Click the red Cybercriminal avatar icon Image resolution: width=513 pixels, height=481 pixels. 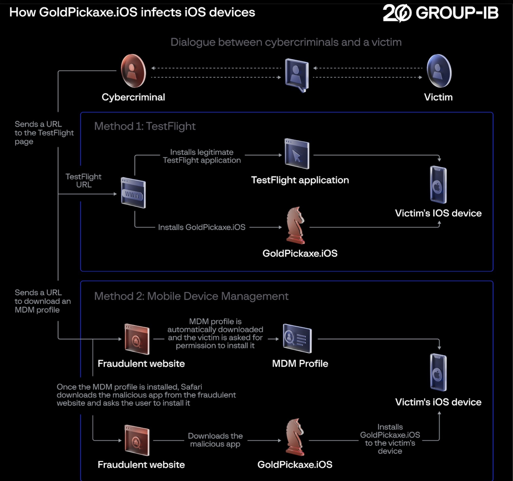(x=133, y=71)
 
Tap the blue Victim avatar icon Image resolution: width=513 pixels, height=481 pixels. (x=439, y=71)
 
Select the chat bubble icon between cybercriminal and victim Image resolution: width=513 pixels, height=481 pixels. (x=297, y=75)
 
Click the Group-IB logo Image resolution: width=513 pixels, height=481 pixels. (x=440, y=13)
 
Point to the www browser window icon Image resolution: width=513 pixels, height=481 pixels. (x=133, y=193)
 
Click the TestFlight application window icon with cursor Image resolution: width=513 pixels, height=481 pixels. (x=297, y=154)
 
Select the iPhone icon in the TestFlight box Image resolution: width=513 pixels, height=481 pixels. (x=438, y=185)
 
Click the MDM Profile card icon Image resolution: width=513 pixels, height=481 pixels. (x=297, y=338)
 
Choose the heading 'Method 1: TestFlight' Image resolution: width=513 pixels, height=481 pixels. (x=145, y=126)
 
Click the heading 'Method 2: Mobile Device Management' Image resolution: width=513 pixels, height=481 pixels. (x=191, y=296)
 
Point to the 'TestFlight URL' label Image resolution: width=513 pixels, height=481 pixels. (x=84, y=181)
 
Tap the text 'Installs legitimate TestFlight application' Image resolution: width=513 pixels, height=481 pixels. (x=202, y=156)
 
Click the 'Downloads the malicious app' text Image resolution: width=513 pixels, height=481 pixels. (x=215, y=440)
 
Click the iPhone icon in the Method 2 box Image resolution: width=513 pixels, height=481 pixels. (x=438, y=372)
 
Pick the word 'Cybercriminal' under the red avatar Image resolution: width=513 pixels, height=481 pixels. (x=133, y=97)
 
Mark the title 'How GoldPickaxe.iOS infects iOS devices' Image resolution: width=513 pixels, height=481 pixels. (x=132, y=12)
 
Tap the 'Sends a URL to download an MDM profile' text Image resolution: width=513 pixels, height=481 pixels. (x=43, y=301)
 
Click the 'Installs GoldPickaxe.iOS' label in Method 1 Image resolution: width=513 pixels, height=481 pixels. (x=201, y=227)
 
